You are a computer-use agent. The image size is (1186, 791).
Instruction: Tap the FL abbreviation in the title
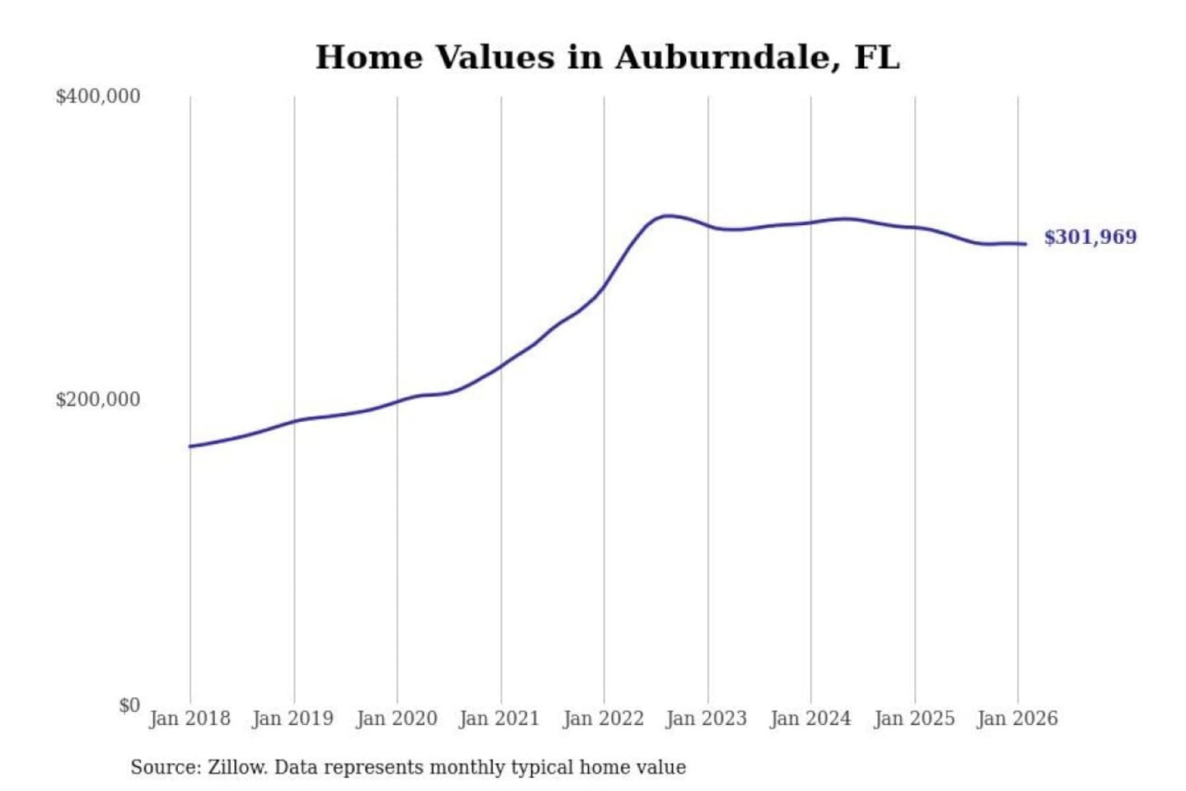click(876, 58)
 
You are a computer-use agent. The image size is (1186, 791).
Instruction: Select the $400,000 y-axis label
click(98, 96)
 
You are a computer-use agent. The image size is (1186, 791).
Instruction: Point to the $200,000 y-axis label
click(98, 400)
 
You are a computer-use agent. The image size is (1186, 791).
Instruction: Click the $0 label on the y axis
click(129, 705)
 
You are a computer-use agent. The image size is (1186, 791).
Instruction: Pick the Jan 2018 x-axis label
click(189, 718)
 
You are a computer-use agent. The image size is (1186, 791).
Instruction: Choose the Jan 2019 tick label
click(293, 718)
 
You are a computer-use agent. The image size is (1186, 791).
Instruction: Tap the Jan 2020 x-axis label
click(396, 718)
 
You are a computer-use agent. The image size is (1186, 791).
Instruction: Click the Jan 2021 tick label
click(499, 718)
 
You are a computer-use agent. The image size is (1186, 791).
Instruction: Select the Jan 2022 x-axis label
click(603, 718)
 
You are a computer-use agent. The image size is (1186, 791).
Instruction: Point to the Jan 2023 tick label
click(706, 718)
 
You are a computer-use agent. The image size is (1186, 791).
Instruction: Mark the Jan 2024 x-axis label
click(810, 718)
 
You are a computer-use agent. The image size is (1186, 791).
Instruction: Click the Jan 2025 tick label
click(913, 718)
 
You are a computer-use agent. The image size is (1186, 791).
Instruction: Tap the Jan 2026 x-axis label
click(1016, 718)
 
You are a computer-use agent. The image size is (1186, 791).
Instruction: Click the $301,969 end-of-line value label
click(1090, 237)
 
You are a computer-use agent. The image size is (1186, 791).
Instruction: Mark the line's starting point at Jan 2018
click(190, 447)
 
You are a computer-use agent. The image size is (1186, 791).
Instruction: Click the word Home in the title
click(367, 58)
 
